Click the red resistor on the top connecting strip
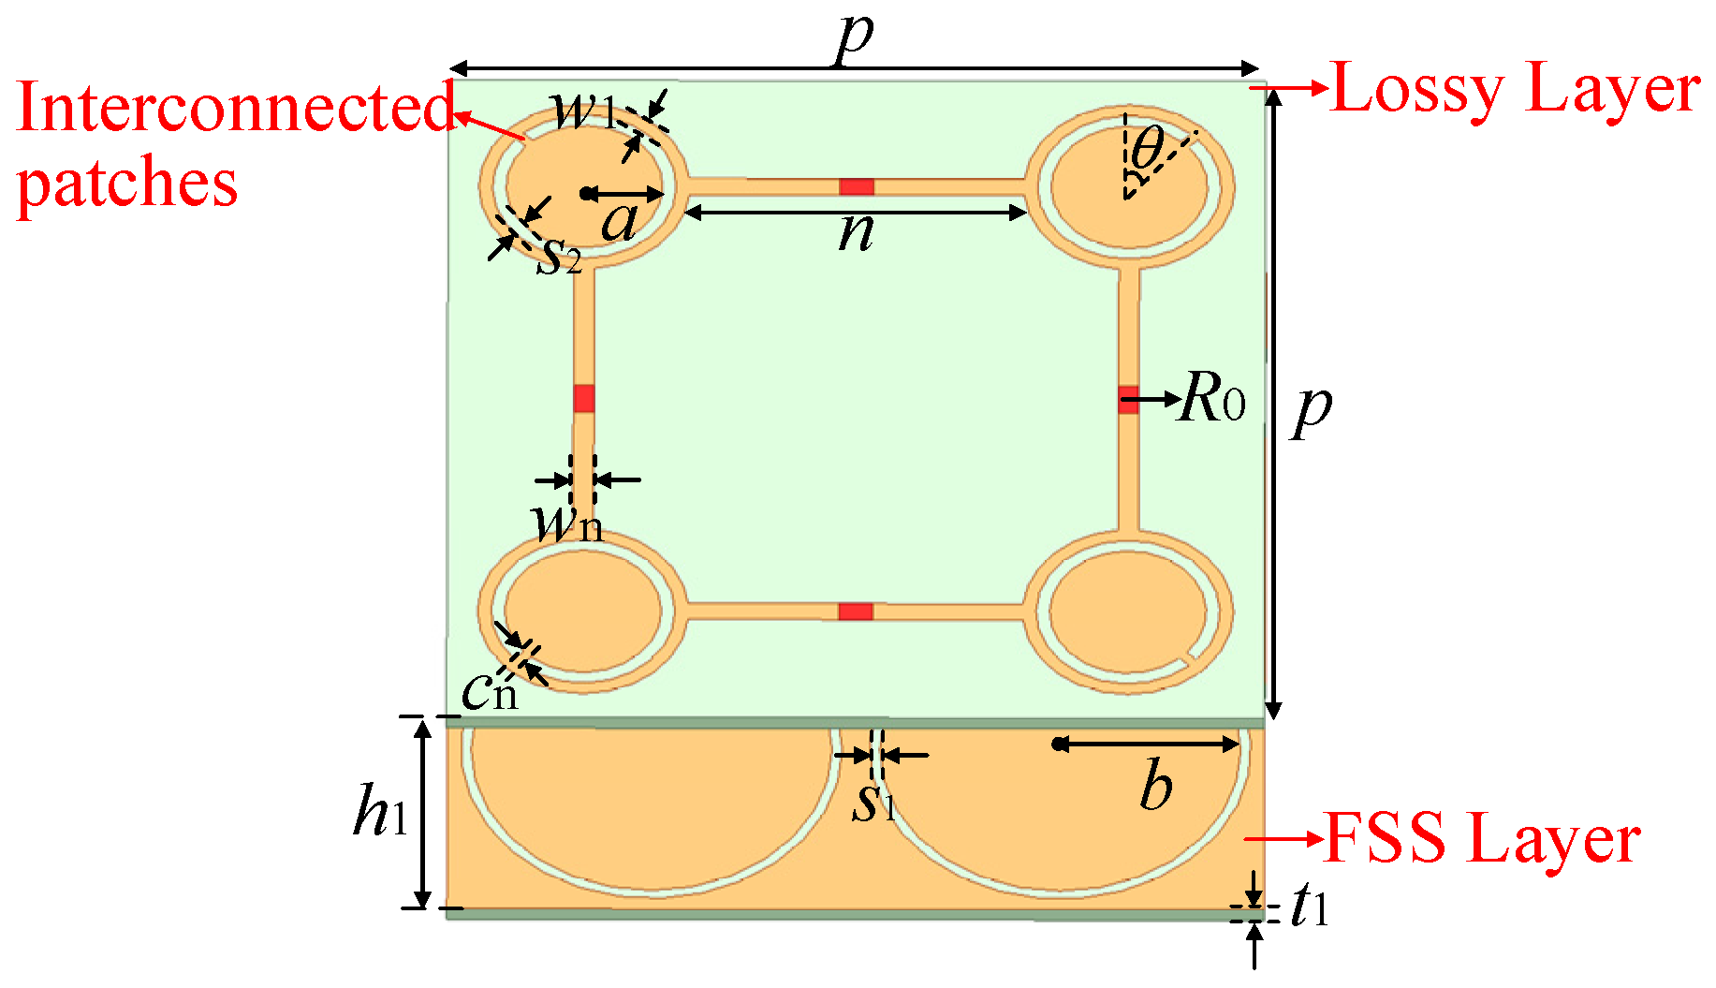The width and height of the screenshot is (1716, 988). (856, 186)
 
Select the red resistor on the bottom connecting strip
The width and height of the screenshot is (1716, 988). (855, 612)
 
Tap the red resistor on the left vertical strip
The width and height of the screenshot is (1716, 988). (584, 398)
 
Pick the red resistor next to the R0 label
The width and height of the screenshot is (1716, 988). (1128, 399)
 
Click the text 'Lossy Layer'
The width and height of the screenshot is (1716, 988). (1516, 90)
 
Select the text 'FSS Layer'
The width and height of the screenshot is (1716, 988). (1483, 838)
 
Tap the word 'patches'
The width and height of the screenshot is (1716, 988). (127, 184)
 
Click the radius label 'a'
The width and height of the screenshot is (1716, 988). (620, 223)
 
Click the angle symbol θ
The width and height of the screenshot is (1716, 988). (1148, 148)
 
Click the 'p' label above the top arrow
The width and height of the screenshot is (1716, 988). (855, 37)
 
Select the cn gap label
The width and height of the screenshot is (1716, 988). (490, 692)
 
